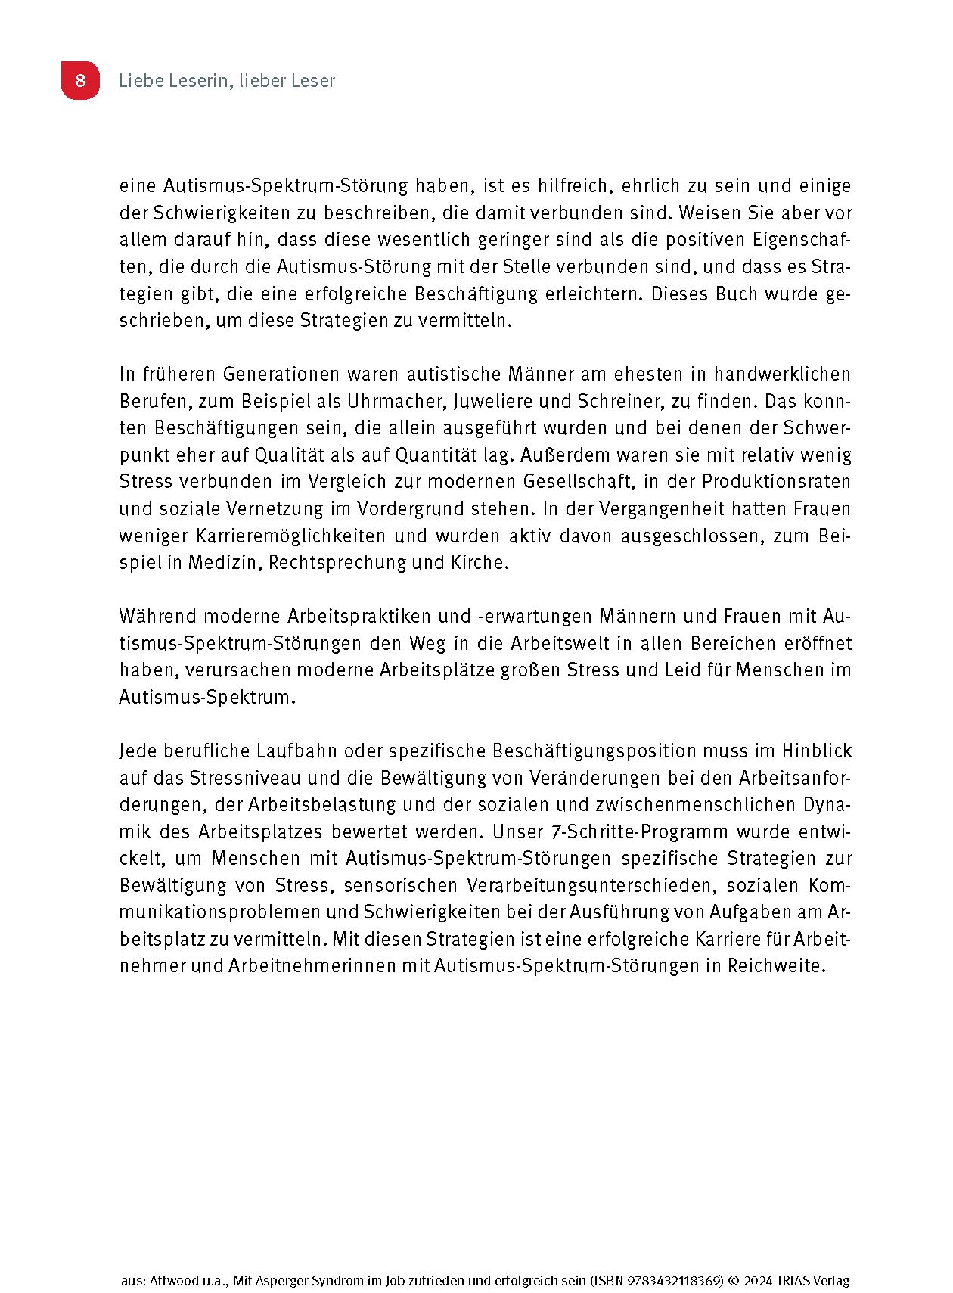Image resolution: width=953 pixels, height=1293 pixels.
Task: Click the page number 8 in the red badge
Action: click(x=80, y=80)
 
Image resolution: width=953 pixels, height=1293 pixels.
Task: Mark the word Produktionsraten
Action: click(x=776, y=482)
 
